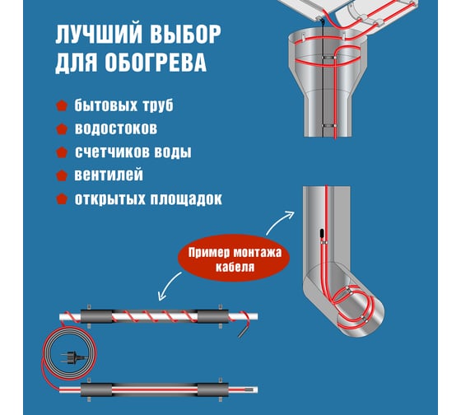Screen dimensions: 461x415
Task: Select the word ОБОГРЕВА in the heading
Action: (156, 63)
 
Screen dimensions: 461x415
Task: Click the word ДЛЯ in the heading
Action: (77, 63)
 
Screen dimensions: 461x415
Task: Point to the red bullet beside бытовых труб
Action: (62, 105)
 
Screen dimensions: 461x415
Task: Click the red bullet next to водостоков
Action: (62, 128)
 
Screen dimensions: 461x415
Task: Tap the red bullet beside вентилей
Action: (62, 175)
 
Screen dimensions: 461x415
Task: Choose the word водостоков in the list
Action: (116, 128)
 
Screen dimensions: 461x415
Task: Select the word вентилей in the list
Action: (109, 175)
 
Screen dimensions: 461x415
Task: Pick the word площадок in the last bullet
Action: (186, 199)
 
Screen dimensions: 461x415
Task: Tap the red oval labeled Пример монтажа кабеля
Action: (234, 258)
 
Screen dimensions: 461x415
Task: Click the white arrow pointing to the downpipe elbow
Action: (278, 221)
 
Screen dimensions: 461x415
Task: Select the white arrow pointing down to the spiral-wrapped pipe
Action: (169, 285)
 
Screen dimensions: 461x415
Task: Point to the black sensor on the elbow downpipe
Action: (322, 233)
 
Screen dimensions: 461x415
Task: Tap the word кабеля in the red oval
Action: (235, 268)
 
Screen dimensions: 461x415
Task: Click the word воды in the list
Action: (177, 152)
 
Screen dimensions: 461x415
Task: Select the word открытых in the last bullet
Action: (109, 199)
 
